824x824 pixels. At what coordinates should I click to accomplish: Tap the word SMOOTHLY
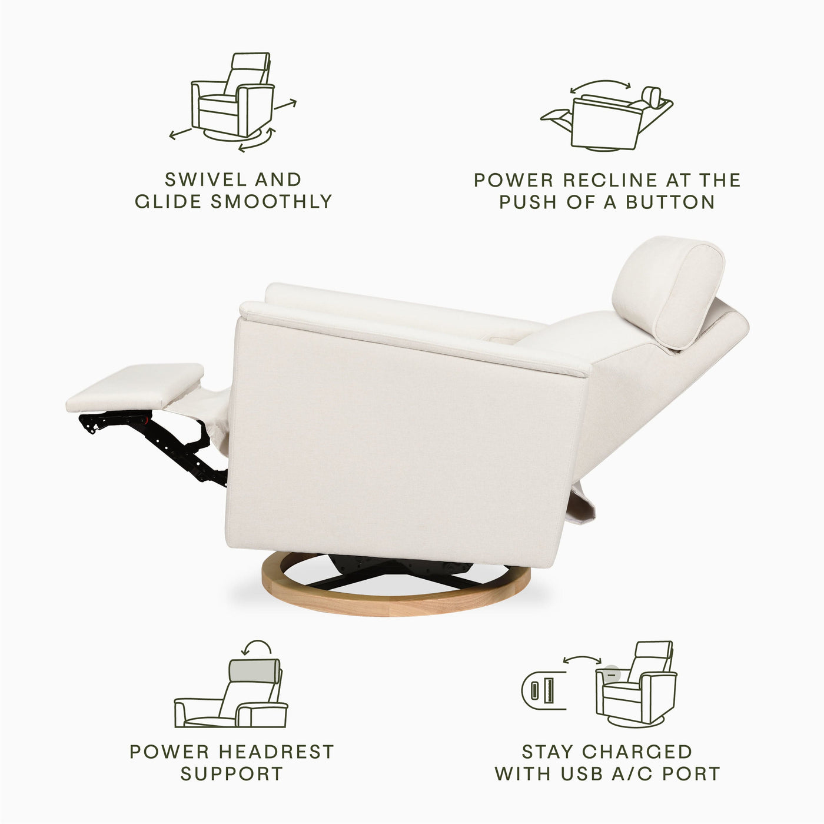pos(272,201)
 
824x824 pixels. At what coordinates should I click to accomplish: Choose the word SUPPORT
pos(232,773)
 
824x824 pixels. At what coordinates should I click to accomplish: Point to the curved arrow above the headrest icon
pos(257,647)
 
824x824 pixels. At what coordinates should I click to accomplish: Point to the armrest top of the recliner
pos(412,335)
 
